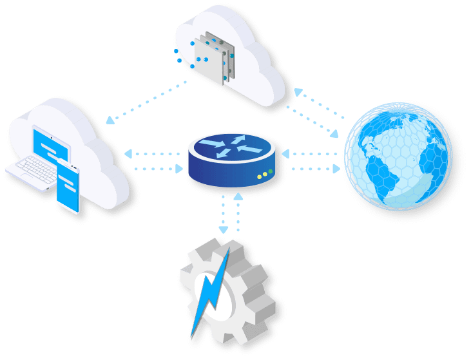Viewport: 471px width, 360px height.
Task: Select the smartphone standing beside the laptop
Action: pyautogui.click(x=68, y=187)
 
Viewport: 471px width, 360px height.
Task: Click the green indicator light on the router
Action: pyautogui.click(x=271, y=172)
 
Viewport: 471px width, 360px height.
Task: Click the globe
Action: pyautogui.click(x=398, y=156)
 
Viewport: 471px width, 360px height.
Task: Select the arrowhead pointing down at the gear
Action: pyautogui.click(x=224, y=229)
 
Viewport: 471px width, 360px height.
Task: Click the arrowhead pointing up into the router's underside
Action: pyautogui.click(x=238, y=196)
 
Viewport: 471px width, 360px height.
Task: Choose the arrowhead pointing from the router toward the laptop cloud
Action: pyautogui.click(x=128, y=154)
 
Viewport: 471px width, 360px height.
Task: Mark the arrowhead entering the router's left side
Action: pyautogui.click(x=179, y=169)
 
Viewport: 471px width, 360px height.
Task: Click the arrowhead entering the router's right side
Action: pyautogui.click(x=285, y=154)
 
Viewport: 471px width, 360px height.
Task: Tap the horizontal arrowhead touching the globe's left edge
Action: pyautogui.click(x=336, y=169)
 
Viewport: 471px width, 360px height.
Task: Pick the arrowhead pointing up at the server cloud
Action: pyautogui.click(x=298, y=92)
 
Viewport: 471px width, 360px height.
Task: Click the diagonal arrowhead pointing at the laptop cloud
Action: pyautogui.click(x=110, y=120)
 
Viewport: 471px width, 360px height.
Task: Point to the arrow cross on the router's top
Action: pyautogui.click(x=231, y=147)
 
